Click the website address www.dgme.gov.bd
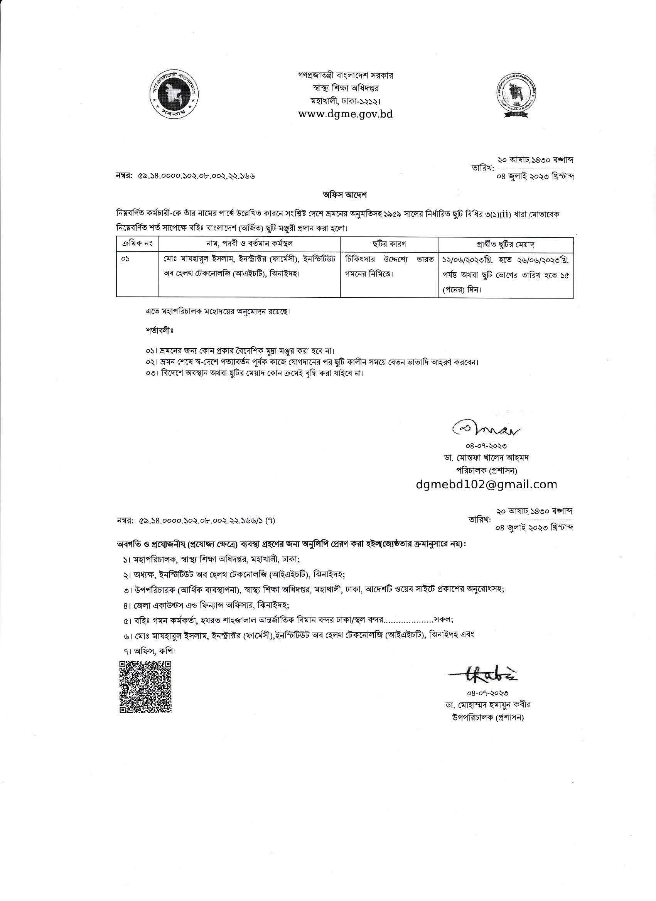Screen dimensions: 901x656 point(345,114)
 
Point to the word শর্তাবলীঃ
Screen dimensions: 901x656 point(160,330)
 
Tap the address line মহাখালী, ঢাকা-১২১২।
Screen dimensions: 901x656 point(346,101)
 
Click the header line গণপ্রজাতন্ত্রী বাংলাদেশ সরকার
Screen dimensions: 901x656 point(346,75)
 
